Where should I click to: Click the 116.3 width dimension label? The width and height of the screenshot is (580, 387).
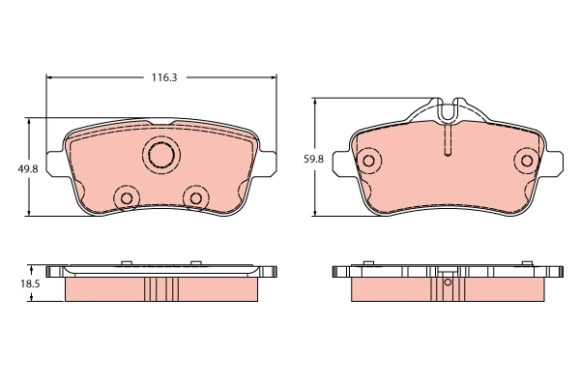click(162, 75)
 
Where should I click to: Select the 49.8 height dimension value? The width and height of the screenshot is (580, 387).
click(28, 168)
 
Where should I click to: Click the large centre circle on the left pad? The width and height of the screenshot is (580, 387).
click(160, 154)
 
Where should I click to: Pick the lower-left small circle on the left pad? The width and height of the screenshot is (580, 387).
click(125, 197)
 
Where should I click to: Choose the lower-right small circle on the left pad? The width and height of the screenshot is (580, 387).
click(196, 197)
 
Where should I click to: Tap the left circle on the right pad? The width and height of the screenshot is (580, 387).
click(367, 161)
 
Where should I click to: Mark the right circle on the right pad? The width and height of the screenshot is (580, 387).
click(526, 161)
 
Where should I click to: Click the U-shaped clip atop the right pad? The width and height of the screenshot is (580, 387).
click(447, 108)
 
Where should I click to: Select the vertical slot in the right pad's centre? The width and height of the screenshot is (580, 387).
click(447, 143)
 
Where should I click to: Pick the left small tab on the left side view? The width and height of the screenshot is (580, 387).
click(127, 261)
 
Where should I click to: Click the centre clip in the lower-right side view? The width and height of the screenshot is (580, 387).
click(447, 281)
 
